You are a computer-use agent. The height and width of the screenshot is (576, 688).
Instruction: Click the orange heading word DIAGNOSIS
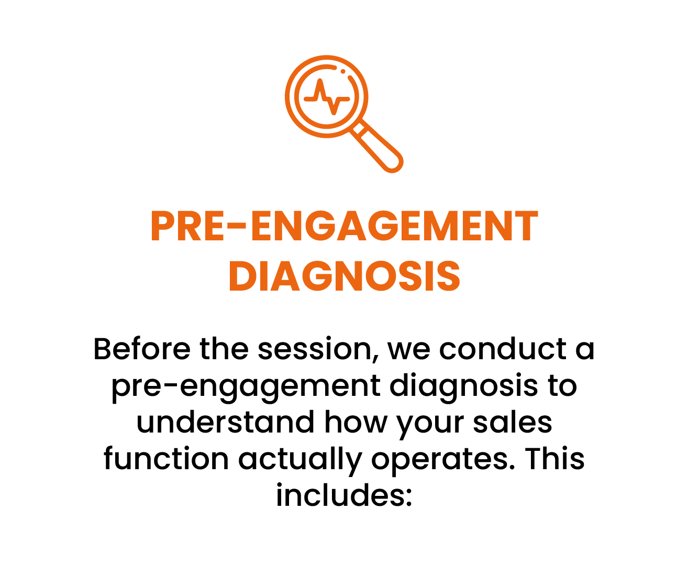click(345, 276)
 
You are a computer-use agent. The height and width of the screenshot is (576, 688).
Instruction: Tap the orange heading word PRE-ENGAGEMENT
click(345, 226)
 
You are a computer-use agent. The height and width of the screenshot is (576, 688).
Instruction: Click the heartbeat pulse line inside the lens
click(327, 97)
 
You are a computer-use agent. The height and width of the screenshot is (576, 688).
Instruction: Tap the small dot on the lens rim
click(342, 71)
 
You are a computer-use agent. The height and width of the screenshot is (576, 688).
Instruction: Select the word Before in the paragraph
click(142, 349)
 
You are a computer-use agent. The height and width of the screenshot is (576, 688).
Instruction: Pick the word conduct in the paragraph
click(503, 349)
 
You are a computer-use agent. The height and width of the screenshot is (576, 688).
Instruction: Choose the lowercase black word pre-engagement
click(246, 386)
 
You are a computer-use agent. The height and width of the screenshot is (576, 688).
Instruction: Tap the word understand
click(225, 422)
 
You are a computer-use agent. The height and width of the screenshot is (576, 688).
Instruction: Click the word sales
click(513, 422)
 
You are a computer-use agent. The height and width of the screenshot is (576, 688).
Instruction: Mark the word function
click(167, 459)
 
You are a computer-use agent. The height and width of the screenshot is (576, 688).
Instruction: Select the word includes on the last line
click(344, 495)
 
